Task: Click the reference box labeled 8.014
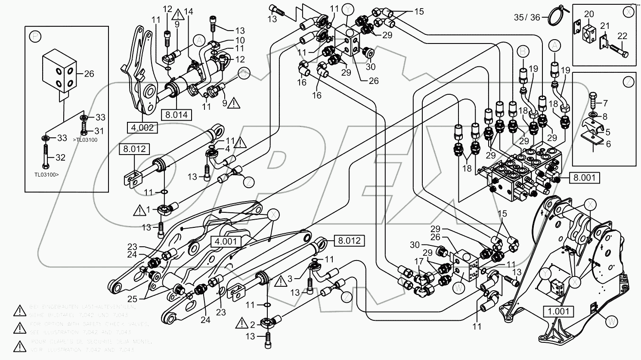pos(177,114)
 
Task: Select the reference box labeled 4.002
pos(140,127)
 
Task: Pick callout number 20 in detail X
pos(589,15)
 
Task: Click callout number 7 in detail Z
pos(606,104)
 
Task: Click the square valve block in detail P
pos(59,71)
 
